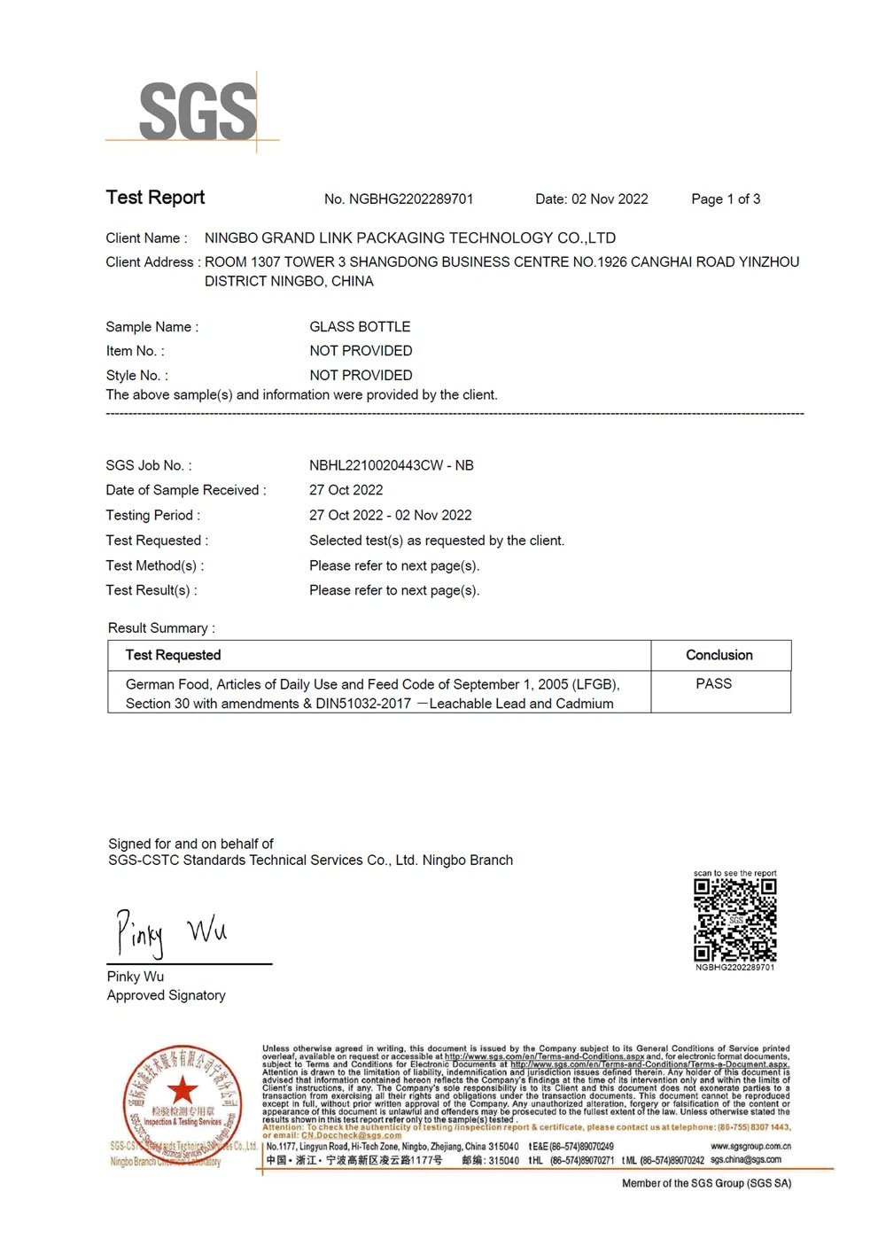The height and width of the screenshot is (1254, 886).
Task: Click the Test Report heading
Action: point(155,198)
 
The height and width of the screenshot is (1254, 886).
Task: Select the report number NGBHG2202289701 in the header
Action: point(411,199)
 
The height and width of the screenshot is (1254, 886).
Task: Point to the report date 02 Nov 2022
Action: point(610,199)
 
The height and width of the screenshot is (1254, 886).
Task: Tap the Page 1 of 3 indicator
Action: point(726,199)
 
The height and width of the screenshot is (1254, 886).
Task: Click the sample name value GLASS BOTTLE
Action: point(360,327)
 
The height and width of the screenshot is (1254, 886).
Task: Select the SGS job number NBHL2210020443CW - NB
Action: point(392,465)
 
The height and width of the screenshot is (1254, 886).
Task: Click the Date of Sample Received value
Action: point(346,490)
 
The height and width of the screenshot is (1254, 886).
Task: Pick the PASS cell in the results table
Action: point(714,684)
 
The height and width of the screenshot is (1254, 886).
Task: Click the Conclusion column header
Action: point(719,656)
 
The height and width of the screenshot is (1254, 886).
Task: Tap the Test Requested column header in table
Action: point(173,656)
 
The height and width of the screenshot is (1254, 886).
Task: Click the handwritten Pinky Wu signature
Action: point(170,932)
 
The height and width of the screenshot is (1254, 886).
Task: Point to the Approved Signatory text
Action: point(166,996)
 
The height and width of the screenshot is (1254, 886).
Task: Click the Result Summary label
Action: point(161,628)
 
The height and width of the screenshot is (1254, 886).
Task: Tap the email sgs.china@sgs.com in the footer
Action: point(746,1159)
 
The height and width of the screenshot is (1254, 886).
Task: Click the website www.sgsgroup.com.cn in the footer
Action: point(750,1147)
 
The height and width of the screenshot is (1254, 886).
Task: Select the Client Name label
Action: point(146,238)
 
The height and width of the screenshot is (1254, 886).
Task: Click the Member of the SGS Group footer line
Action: point(706,1184)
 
